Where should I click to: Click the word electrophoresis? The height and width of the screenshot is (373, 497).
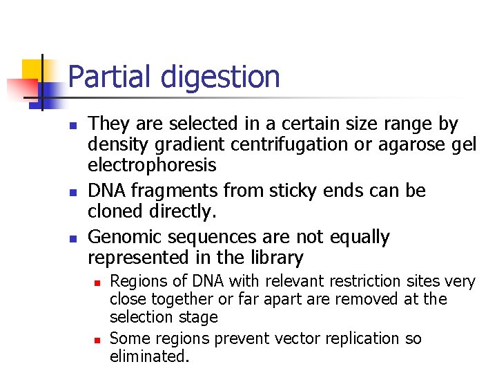click(x=152, y=166)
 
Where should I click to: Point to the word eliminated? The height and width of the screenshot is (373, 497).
click(x=148, y=356)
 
